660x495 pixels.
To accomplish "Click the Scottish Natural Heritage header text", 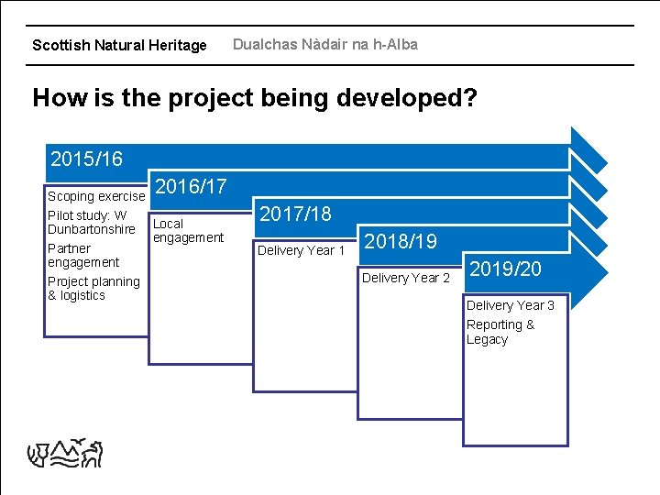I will pyautogui.click(x=119, y=45).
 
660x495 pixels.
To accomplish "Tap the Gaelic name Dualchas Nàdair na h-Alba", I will pyautogui.click(x=324, y=44).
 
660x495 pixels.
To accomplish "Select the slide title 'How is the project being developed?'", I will pyautogui.click(x=255, y=97).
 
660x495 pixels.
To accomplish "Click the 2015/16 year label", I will pyautogui.click(x=86, y=159).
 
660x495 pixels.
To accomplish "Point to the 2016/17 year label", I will pyautogui.click(x=191, y=187).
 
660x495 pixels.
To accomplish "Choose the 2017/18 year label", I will pyautogui.click(x=296, y=214).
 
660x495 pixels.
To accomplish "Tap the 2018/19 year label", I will pyautogui.click(x=401, y=242).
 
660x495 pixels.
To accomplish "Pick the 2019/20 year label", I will pyautogui.click(x=505, y=269).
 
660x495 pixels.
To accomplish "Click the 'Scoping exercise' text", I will pyautogui.click(x=96, y=196).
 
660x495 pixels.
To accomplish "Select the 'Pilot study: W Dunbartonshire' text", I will pyautogui.click(x=91, y=222).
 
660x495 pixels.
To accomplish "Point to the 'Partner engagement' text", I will pyautogui.click(x=82, y=255).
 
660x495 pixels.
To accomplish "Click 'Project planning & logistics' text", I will pyautogui.click(x=93, y=288).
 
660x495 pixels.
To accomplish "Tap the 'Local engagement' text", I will pyautogui.click(x=187, y=230).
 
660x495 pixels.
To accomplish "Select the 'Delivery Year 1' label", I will pyautogui.click(x=302, y=250).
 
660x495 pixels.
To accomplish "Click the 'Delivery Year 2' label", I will pyautogui.click(x=406, y=278).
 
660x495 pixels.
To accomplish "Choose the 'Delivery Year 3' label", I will pyautogui.click(x=510, y=305).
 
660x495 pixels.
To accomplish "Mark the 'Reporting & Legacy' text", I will pyautogui.click(x=500, y=332).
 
